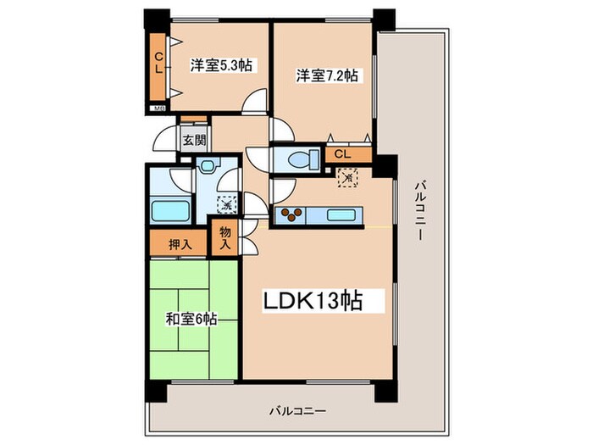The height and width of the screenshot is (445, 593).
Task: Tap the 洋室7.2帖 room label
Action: click(327, 75)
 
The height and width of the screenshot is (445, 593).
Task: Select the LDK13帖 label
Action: click(317, 301)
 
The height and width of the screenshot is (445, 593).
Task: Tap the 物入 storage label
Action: click(224, 237)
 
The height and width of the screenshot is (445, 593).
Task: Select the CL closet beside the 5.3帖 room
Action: click(158, 64)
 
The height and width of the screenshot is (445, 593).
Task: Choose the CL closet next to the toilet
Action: click(341, 154)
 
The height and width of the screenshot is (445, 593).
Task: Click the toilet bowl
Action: click(302, 158)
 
